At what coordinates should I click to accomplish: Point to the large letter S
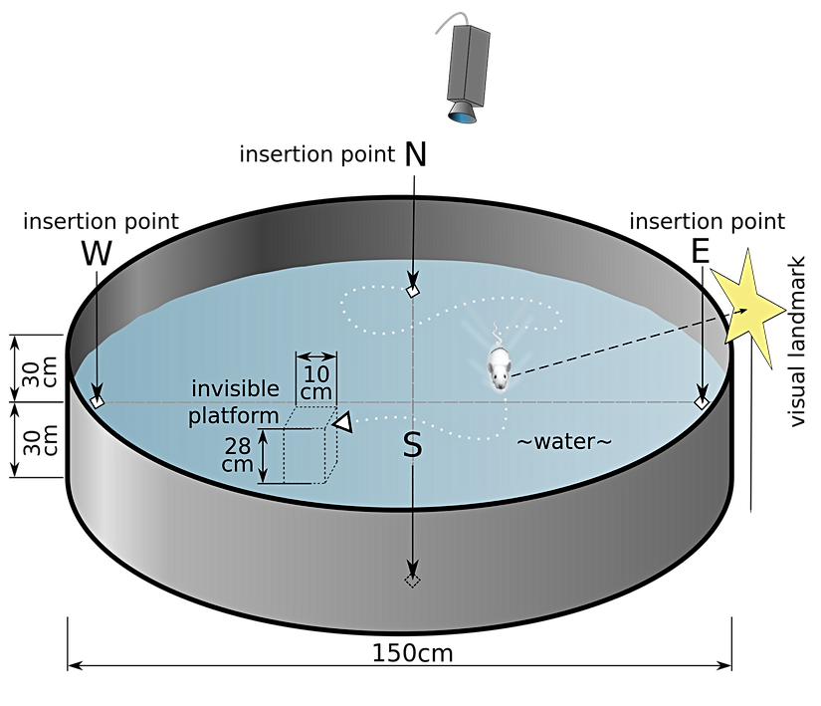[x=412, y=446]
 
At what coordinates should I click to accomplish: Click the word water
[x=563, y=441]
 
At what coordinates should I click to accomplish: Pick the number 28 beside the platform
[x=237, y=445]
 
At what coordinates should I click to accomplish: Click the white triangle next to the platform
[x=341, y=424]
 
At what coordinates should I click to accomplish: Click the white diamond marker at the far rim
[x=413, y=292]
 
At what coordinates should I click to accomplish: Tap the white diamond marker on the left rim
[x=97, y=400]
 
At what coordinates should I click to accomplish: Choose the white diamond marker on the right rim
[x=702, y=401]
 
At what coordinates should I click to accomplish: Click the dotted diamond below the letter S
[x=412, y=580]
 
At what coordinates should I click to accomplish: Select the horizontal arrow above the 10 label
[x=318, y=355]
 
